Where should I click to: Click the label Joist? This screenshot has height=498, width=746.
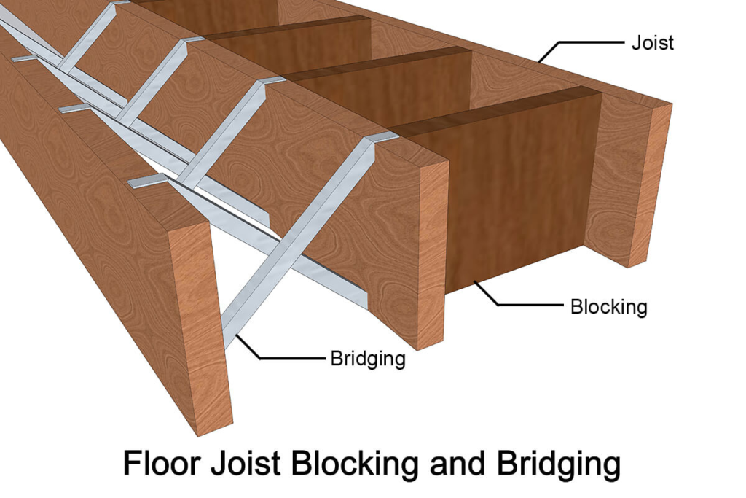(x=652, y=43)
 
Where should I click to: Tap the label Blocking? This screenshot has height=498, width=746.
(x=608, y=306)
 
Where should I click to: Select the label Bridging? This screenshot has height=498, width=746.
(x=367, y=358)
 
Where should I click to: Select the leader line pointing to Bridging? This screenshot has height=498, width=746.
(x=284, y=356)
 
